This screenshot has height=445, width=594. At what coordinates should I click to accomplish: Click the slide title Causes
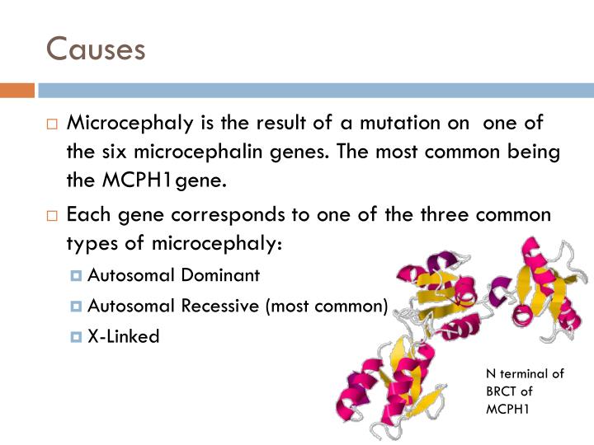pyautogui.click(x=96, y=49)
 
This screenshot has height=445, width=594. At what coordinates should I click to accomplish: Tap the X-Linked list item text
pyautogui.click(x=124, y=336)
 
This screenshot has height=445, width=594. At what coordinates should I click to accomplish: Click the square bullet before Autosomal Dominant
pyautogui.click(x=77, y=275)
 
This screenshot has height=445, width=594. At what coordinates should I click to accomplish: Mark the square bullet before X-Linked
pyautogui.click(x=77, y=336)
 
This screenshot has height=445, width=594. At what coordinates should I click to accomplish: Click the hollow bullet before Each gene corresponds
pyautogui.click(x=52, y=215)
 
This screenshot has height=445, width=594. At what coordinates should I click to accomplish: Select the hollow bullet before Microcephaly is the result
pyautogui.click(x=52, y=124)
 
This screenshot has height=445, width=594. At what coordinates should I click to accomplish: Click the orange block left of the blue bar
pyautogui.click(x=16, y=90)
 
